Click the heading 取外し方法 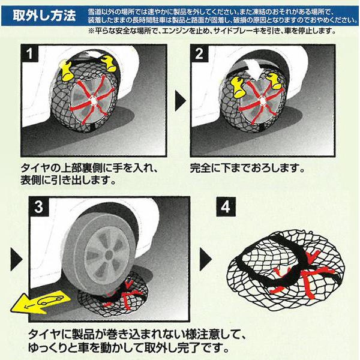coord(44,16)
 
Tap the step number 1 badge coord(29,53)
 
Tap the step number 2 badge coord(199,53)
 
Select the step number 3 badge coord(38,206)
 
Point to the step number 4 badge coord(226,207)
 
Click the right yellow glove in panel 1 coord(109,63)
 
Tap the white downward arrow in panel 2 coord(258,68)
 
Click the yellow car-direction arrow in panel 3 coord(41,302)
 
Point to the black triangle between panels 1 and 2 coord(179,101)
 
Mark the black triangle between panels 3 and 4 coord(205,259)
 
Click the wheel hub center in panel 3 coord(109,255)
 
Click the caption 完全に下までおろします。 coord(247,168)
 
